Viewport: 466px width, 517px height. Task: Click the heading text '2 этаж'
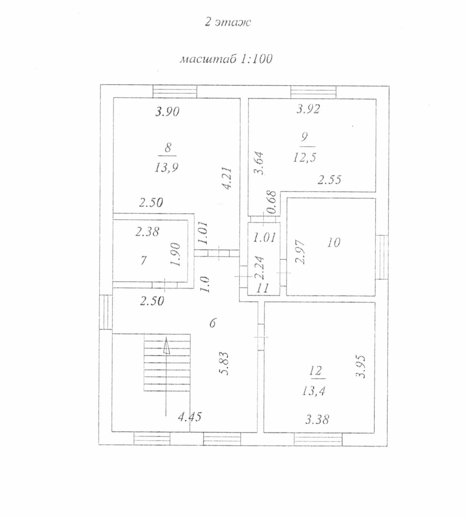(228, 22)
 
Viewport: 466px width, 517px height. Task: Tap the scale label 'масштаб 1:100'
(226, 59)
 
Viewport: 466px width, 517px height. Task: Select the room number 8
(168, 147)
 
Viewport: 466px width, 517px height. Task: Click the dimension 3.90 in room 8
(167, 112)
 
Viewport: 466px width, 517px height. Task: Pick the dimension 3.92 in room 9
(308, 109)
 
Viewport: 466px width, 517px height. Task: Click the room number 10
(334, 243)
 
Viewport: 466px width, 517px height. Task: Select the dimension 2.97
(300, 252)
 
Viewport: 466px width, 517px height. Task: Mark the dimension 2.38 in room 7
(147, 232)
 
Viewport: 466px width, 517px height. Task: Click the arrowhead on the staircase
(166, 346)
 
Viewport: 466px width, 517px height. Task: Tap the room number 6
(213, 323)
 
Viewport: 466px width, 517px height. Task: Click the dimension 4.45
(190, 417)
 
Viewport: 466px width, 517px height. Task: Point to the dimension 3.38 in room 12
(317, 420)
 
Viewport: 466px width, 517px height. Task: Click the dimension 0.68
(271, 202)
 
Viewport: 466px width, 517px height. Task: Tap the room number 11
(262, 288)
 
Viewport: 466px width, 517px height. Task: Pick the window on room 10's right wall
(382, 257)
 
